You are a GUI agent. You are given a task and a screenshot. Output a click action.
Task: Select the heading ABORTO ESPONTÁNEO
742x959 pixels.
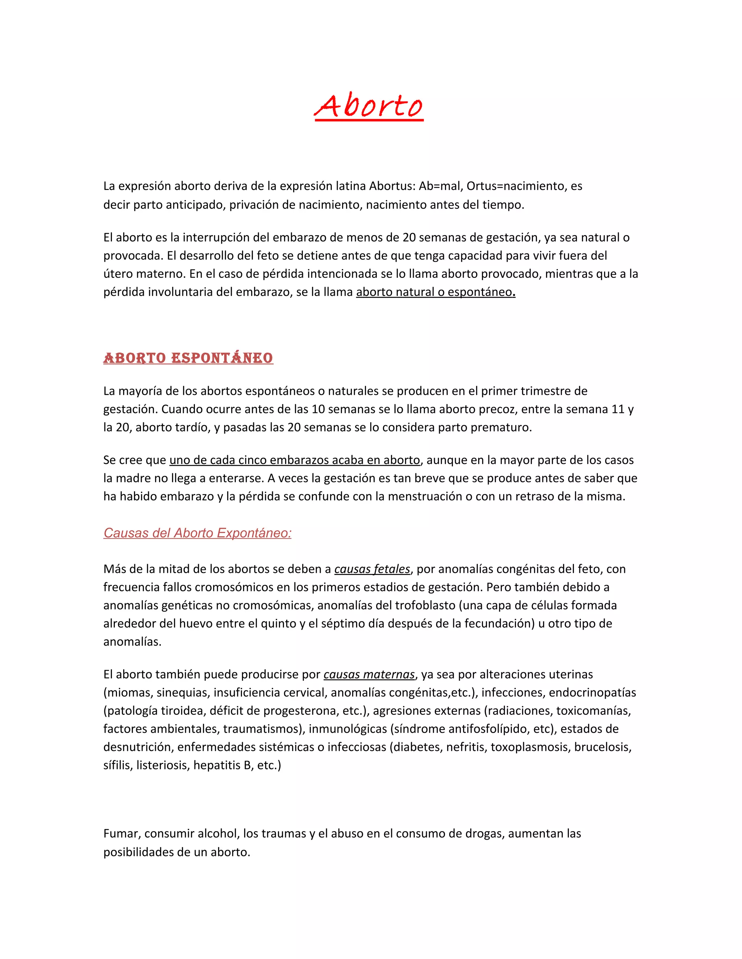[188, 358]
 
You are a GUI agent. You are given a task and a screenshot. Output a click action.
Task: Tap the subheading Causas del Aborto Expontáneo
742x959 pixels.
[197, 533]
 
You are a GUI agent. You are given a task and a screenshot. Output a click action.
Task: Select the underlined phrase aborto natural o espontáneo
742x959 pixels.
[435, 292]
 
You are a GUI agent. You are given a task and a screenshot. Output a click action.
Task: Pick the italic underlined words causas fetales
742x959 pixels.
[372, 569]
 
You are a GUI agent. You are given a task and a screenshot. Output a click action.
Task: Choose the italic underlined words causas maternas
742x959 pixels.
[369, 675]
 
